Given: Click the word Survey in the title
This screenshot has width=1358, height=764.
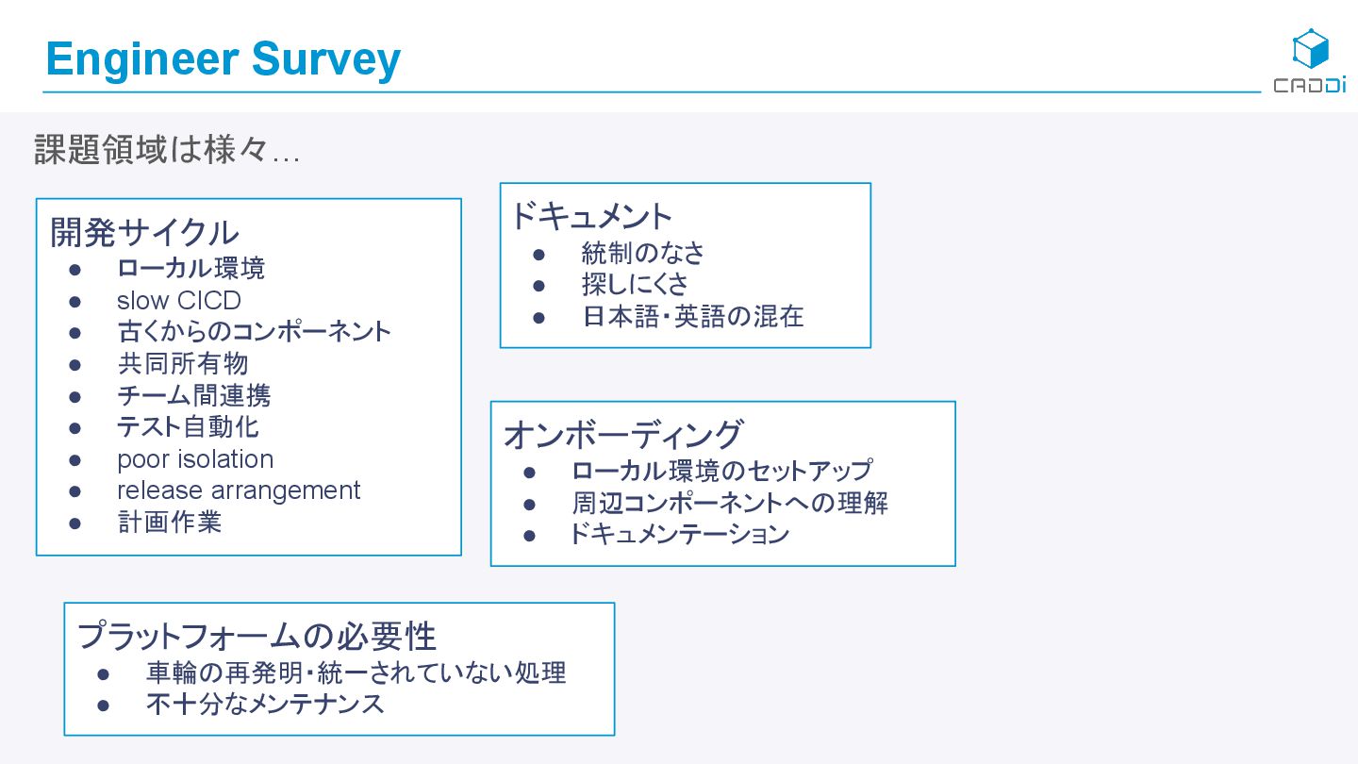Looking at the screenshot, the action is (325, 60).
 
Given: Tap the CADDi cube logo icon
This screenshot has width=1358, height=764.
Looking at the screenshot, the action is (1310, 49).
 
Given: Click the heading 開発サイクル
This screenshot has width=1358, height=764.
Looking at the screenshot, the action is (144, 232).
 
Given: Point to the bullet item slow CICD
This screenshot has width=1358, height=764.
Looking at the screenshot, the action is (179, 301).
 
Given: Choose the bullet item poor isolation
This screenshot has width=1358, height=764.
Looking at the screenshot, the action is (195, 459).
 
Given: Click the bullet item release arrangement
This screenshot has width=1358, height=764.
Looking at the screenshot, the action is (239, 490).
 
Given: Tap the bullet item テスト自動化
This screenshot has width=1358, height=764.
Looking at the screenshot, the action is (188, 427).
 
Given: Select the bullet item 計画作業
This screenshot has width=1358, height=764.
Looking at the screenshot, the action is (170, 523).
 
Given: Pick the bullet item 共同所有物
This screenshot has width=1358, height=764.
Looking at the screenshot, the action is (183, 364).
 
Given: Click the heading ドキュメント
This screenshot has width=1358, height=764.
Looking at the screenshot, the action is (591, 217).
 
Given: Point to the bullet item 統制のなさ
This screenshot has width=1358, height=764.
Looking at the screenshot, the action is (643, 253).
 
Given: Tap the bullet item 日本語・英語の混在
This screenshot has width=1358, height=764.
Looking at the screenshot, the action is (693, 316).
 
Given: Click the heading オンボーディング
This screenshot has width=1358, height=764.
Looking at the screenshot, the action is (623, 435).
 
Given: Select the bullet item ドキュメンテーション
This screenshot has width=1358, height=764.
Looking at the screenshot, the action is (679, 535).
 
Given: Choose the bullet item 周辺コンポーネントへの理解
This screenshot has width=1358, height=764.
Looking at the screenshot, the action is (730, 503).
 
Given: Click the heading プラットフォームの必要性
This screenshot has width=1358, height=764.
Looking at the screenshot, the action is (257, 636).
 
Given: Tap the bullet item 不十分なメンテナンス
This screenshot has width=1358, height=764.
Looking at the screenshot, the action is (265, 705).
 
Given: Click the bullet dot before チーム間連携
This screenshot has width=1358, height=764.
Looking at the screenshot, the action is (75, 396).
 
